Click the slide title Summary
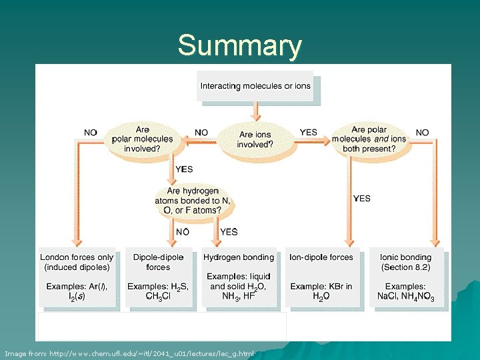pyautogui.click(x=239, y=46)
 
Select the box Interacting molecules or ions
pyautogui.click(x=255, y=86)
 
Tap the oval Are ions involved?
pyautogui.click(x=255, y=139)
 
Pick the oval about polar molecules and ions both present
pyautogui.click(x=369, y=139)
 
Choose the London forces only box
pyautogui.click(x=77, y=277)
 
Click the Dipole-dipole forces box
pyautogui.click(x=158, y=277)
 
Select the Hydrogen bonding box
pyautogui.click(x=239, y=277)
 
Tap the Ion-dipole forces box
pyautogui.click(x=322, y=277)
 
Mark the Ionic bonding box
pyautogui.click(x=405, y=277)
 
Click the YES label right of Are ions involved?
pyautogui.click(x=309, y=133)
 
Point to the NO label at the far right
pyautogui.click(x=422, y=133)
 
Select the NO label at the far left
pyautogui.click(x=91, y=133)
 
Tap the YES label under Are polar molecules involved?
pyautogui.click(x=184, y=169)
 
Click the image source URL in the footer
pyautogui.click(x=129, y=353)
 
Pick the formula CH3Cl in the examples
pyautogui.click(x=158, y=297)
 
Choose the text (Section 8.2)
pyautogui.click(x=405, y=267)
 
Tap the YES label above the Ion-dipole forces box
pyautogui.click(x=361, y=198)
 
